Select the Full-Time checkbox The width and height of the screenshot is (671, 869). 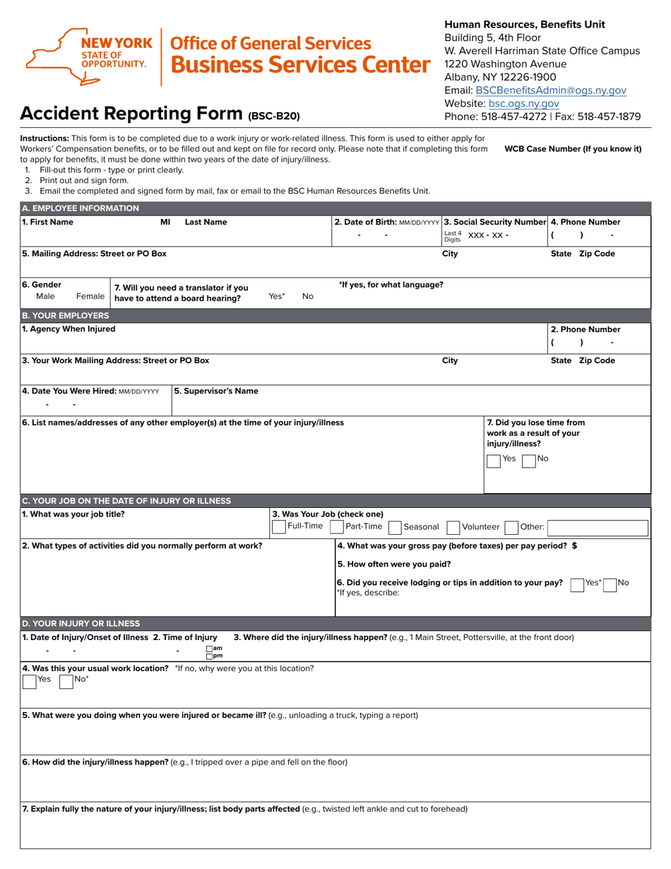[278, 526]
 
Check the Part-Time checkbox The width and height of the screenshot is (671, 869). [336, 526]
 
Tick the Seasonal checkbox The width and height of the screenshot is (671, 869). [395, 526]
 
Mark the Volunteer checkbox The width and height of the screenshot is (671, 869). [453, 526]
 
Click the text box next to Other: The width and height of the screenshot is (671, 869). [598, 526]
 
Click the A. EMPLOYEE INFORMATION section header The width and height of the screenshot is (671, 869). [81, 208]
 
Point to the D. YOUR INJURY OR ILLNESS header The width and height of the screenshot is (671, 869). [81, 623]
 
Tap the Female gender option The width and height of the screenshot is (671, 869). [90, 297]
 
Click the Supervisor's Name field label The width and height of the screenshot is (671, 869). [216, 391]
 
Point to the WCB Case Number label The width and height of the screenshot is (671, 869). [572, 149]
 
